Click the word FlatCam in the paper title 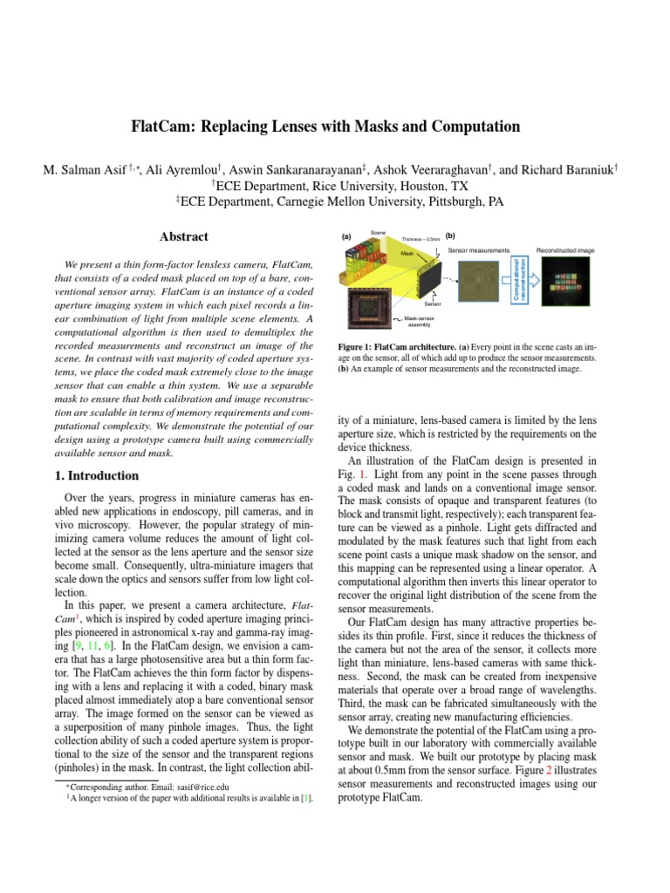(x=167, y=126)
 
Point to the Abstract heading (x=183, y=236)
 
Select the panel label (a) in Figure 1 (x=346, y=236)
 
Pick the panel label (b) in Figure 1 (x=450, y=235)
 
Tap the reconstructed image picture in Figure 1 (x=564, y=283)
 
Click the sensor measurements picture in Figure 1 (x=478, y=283)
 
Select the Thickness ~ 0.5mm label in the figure (x=420, y=238)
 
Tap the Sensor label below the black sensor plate (x=433, y=304)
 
